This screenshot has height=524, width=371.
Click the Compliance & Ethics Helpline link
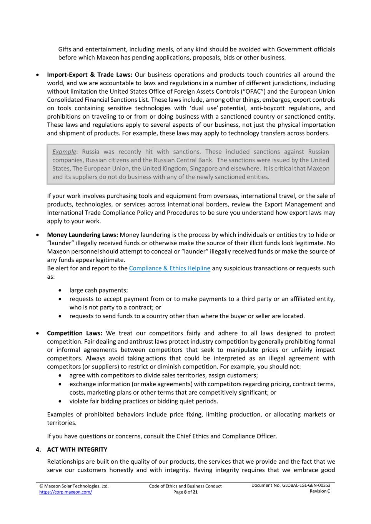click(170, 268)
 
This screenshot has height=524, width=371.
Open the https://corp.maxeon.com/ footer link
click(65, 492)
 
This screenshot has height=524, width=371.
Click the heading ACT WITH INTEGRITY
click(77, 450)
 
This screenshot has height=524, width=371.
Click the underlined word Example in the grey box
click(64, 152)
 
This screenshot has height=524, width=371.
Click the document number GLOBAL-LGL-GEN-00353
click(306, 485)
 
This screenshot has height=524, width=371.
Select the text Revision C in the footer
click(320, 491)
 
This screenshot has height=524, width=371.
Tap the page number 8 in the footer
click(185, 492)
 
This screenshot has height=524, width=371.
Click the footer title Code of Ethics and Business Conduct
click(185, 486)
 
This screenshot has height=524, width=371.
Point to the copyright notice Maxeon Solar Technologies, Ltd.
click(74, 486)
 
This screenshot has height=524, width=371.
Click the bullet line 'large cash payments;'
click(99, 290)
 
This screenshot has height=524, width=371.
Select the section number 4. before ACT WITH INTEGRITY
click(38, 450)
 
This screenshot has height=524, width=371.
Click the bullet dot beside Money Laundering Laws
click(37, 235)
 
